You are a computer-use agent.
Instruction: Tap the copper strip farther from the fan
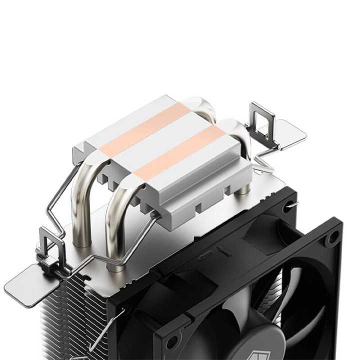point(145,128)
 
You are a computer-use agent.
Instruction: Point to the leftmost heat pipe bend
point(80,200)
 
